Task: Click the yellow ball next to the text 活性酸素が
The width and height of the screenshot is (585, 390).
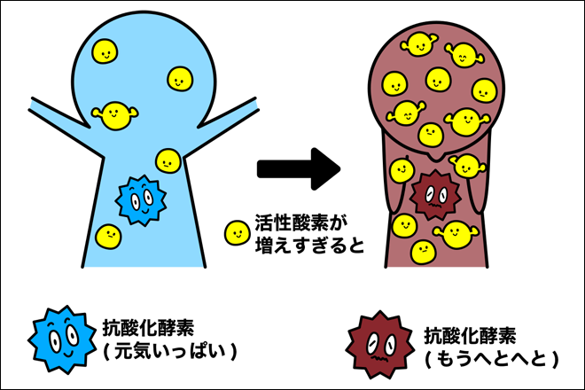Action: [237, 233]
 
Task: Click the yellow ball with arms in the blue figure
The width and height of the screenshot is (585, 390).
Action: [115, 114]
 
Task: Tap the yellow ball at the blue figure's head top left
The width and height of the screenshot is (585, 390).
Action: [105, 52]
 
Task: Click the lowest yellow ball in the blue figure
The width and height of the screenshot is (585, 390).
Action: [108, 235]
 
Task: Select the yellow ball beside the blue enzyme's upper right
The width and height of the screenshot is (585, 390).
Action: [168, 160]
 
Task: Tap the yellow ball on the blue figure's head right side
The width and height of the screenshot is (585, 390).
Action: [181, 79]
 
